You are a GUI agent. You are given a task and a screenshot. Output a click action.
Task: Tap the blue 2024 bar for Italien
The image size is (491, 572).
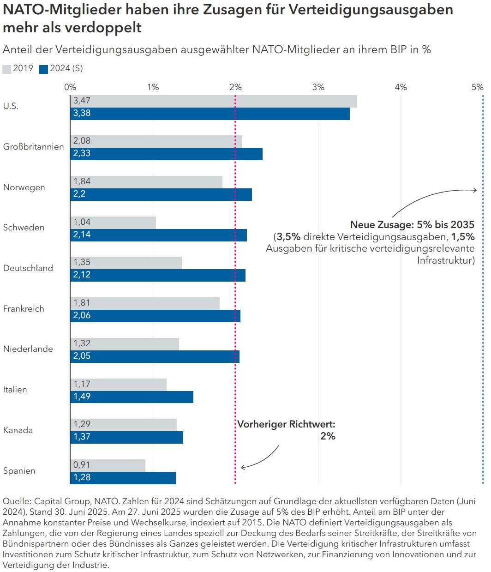tap(132, 397)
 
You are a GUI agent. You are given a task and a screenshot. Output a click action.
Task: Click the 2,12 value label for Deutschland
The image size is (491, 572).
tap(82, 275)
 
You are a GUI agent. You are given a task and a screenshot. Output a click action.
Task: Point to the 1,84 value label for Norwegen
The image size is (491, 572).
tap(82, 181)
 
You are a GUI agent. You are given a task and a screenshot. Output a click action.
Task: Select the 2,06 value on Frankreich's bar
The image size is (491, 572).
tap(82, 316)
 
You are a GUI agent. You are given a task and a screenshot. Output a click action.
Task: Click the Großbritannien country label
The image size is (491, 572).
tap(33, 147)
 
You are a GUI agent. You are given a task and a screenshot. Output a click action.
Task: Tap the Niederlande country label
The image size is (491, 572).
tap(28, 349)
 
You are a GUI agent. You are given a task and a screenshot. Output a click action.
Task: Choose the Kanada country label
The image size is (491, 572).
tap(18, 430)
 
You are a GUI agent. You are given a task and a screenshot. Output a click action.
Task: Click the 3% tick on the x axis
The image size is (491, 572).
tap(318, 87)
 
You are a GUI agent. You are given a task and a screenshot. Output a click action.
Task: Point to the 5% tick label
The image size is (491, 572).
tap(478, 87)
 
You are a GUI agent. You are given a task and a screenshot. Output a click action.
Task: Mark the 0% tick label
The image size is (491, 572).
tap(70, 87)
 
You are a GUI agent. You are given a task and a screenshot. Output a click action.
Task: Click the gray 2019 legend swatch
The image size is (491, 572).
tap(6, 69)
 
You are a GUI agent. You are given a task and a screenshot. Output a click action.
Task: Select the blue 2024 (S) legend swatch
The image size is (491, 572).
tap(44, 69)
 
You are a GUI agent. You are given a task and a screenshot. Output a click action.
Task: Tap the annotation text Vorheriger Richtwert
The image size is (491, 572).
tap(286, 424)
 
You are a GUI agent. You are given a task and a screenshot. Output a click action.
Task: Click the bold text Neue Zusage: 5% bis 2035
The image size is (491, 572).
tap(412, 225)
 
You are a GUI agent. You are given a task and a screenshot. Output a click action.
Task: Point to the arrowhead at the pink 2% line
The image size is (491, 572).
tap(242, 468)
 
